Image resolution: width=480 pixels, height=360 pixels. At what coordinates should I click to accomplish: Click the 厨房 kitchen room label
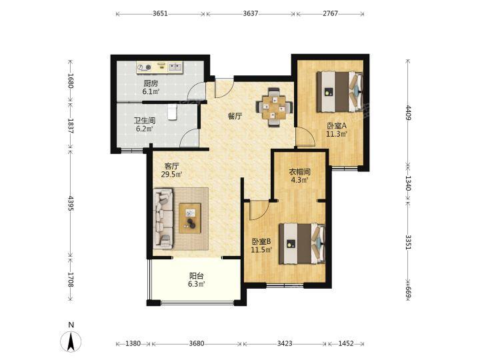(x=151, y=83)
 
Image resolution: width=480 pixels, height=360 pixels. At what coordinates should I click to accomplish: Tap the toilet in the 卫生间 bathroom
(x=173, y=112)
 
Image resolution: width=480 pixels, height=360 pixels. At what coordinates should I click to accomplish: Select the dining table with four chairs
(x=274, y=107)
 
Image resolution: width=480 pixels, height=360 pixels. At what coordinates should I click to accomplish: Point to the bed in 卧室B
(x=302, y=243)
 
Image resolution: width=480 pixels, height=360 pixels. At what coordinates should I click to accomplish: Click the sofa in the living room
(x=163, y=218)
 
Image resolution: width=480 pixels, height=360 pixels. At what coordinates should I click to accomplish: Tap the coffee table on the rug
(x=190, y=218)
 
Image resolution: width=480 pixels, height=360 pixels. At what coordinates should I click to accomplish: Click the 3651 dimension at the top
(x=160, y=13)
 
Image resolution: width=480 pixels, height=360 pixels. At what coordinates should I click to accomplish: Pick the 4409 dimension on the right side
(x=408, y=113)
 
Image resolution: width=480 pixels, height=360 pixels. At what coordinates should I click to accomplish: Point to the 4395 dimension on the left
(x=71, y=203)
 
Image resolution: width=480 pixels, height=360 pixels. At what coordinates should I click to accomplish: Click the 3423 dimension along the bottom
(x=285, y=343)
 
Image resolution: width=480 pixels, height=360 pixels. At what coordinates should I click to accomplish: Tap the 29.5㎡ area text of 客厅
(x=172, y=175)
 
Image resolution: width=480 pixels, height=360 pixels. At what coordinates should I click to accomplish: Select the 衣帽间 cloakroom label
(x=300, y=172)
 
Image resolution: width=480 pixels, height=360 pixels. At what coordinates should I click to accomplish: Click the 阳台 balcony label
(x=196, y=276)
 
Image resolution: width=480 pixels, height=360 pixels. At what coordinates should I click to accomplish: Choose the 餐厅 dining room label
(x=235, y=116)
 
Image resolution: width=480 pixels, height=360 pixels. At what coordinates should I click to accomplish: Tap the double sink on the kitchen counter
(x=175, y=67)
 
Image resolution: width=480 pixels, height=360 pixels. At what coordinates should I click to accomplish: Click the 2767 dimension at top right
(x=330, y=13)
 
